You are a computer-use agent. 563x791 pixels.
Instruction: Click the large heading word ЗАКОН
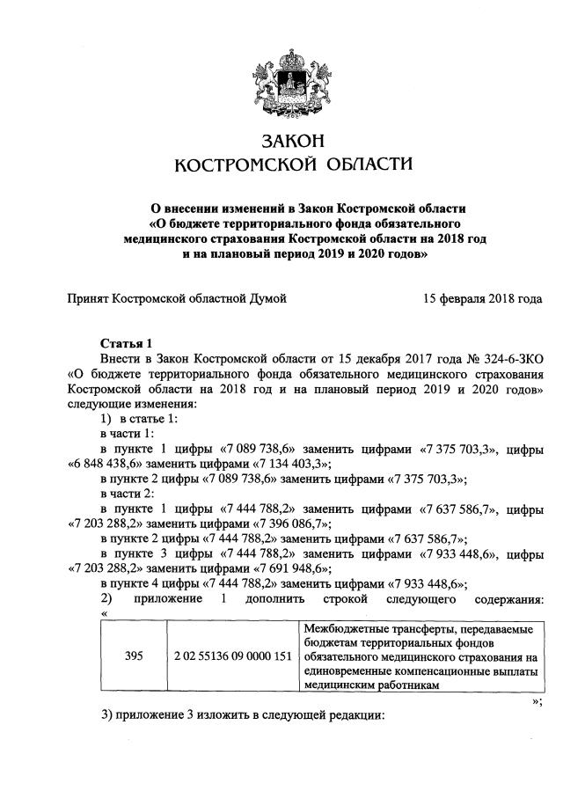click(x=281, y=142)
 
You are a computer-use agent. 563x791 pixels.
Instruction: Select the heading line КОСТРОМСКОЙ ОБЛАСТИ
click(x=281, y=165)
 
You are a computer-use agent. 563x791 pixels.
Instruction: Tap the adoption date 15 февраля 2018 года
click(x=482, y=299)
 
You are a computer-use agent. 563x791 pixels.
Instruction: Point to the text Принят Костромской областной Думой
click(x=177, y=299)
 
